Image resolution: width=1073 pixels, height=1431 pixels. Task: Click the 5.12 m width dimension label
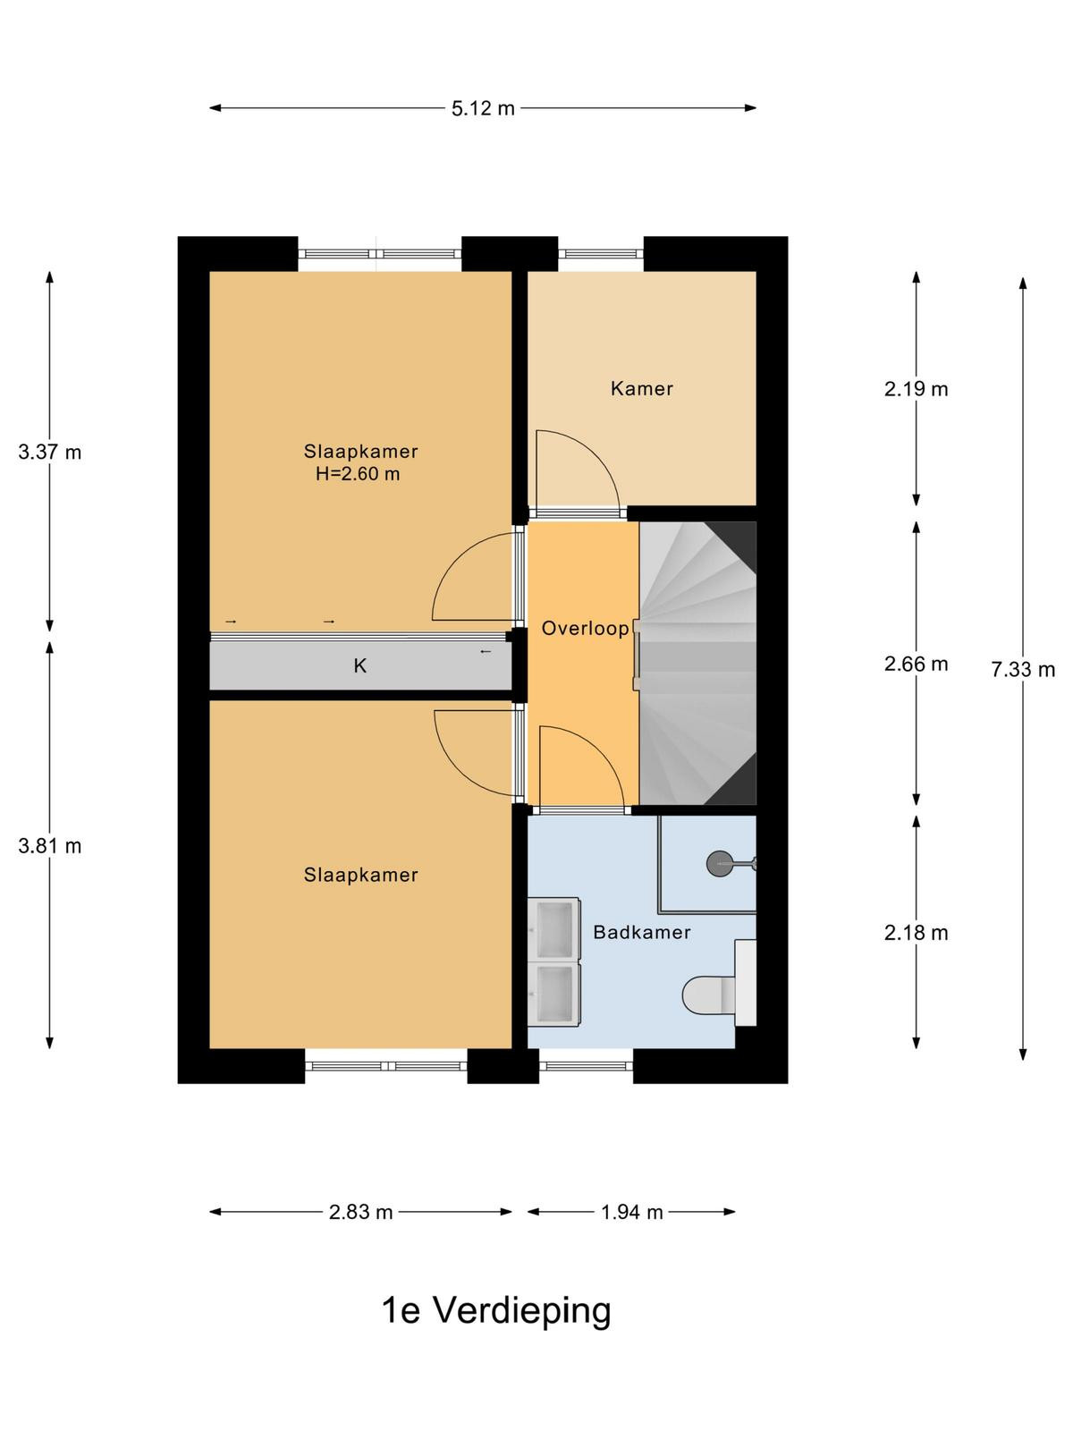click(483, 108)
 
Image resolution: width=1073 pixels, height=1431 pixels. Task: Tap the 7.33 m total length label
click(1023, 670)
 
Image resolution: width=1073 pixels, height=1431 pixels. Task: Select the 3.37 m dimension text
click(50, 452)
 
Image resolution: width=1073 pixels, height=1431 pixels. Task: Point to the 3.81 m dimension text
click(50, 846)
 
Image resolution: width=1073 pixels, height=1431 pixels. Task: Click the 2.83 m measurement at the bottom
click(360, 1212)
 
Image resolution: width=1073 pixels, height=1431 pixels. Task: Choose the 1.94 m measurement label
click(631, 1212)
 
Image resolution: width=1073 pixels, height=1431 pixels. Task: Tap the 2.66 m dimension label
click(916, 665)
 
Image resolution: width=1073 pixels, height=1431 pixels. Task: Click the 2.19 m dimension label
click(916, 389)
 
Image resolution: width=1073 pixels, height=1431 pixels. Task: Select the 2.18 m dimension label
click(916, 933)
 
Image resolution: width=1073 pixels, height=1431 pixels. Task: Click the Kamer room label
click(642, 389)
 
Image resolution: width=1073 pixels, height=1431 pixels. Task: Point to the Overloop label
click(585, 629)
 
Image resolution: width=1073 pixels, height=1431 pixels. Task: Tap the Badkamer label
click(642, 932)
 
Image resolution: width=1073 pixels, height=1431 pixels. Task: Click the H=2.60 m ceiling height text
click(358, 474)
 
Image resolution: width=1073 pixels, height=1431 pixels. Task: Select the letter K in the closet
click(359, 665)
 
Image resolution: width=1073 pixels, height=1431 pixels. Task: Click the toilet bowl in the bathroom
click(708, 995)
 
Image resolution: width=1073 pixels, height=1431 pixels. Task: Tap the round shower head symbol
click(720, 864)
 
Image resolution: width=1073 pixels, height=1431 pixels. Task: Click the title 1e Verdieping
click(496, 1311)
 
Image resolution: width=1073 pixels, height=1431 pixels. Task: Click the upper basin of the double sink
click(554, 929)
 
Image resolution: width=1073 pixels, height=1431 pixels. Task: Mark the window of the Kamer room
click(601, 254)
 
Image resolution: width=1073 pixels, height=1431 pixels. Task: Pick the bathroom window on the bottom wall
click(587, 1067)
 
